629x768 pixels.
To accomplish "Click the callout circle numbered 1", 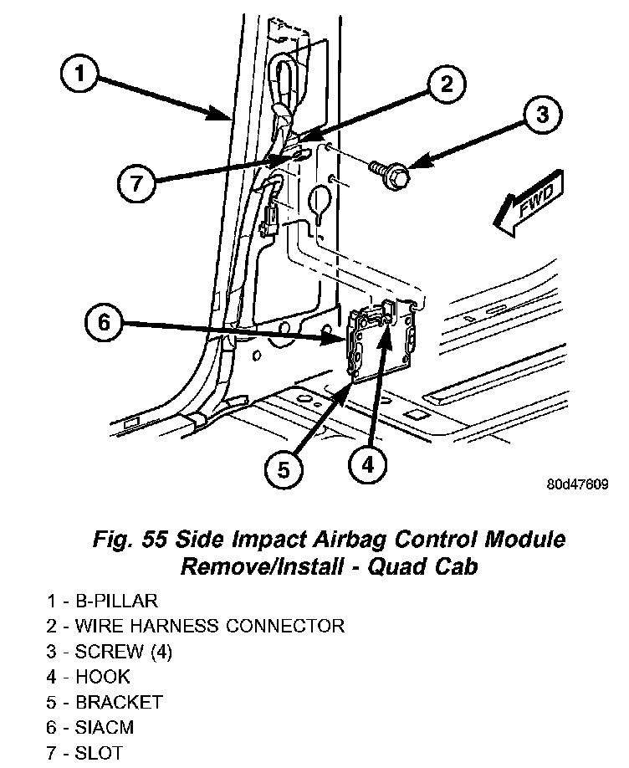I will pyautogui.click(x=80, y=76).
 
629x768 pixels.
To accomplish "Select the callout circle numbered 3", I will pyautogui.click(x=542, y=115).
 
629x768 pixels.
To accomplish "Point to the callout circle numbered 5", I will pyautogui.click(x=284, y=470).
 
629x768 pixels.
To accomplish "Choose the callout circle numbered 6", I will pyautogui.click(x=104, y=323).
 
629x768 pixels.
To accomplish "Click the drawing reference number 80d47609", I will pyautogui.click(x=578, y=485).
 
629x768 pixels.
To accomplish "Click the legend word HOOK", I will pyautogui.click(x=102, y=677).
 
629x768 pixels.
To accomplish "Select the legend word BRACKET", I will pyautogui.click(x=117, y=703).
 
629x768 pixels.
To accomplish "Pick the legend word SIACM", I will pyautogui.click(x=104, y=728).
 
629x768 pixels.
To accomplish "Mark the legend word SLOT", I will pyautogui.click(x=99, y=753).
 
